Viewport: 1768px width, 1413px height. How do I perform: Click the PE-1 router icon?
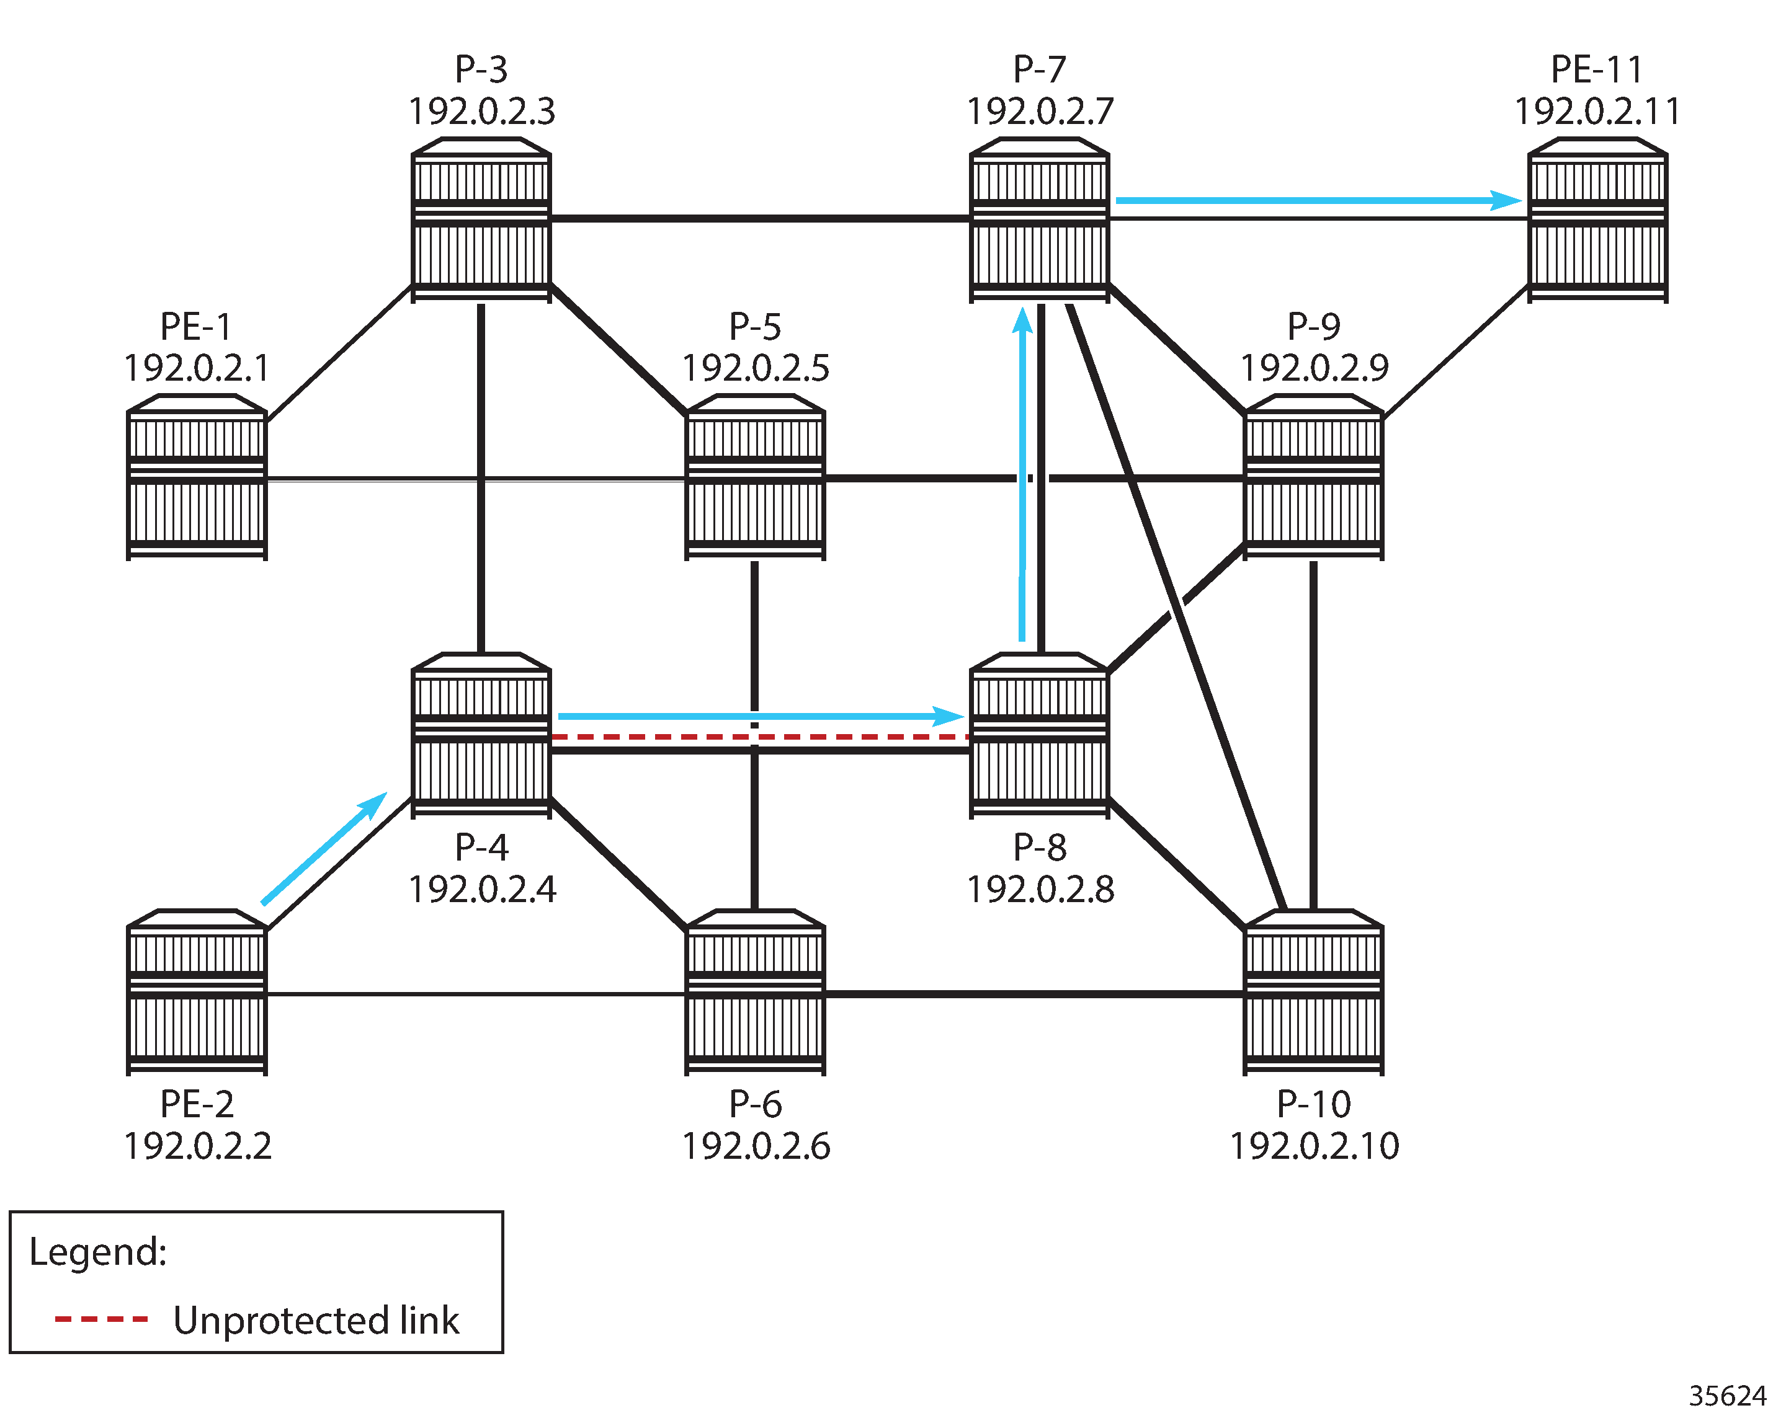[197, 477]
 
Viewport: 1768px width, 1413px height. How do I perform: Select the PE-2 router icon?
[197, 992]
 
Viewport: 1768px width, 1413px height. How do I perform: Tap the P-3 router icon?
[481, 219]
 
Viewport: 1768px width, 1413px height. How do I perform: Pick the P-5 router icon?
[755, 477]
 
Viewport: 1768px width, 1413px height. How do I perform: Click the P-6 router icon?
[755, 992]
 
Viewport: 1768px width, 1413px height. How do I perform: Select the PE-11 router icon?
[1597, 219]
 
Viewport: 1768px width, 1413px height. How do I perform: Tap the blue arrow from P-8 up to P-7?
[1022, 476]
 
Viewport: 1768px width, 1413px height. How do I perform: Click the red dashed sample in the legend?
[101, 1319]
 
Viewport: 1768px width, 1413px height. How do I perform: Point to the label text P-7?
[1039, 69]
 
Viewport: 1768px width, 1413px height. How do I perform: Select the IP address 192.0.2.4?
[482, 889]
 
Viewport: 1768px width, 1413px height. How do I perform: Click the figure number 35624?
[1727, 1395]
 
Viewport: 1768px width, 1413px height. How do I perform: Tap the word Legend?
[99, 1252]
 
